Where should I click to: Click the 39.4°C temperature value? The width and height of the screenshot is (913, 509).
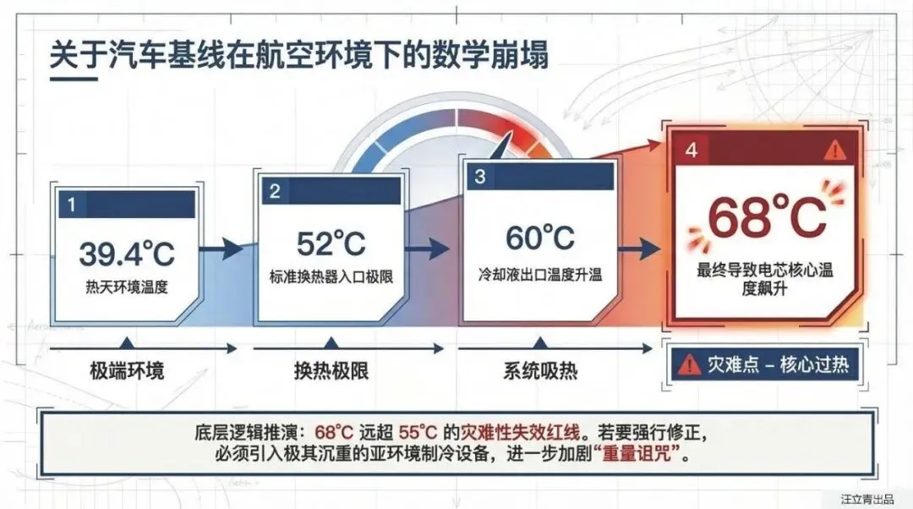pos(127,252)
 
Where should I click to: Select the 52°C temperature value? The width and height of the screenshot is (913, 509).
pos(331,244)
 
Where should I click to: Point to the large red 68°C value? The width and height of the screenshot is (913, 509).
pos(767,218)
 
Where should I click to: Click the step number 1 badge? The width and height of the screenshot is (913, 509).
pos(72,204)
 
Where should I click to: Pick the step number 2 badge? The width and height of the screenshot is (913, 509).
pos(275,191)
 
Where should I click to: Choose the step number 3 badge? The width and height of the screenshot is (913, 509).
pos(480,177)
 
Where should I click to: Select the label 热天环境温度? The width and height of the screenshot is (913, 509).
pos(127,287)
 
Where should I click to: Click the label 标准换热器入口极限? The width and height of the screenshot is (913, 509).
pos(331,276)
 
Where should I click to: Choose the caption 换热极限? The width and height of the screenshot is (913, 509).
pos(331,372)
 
